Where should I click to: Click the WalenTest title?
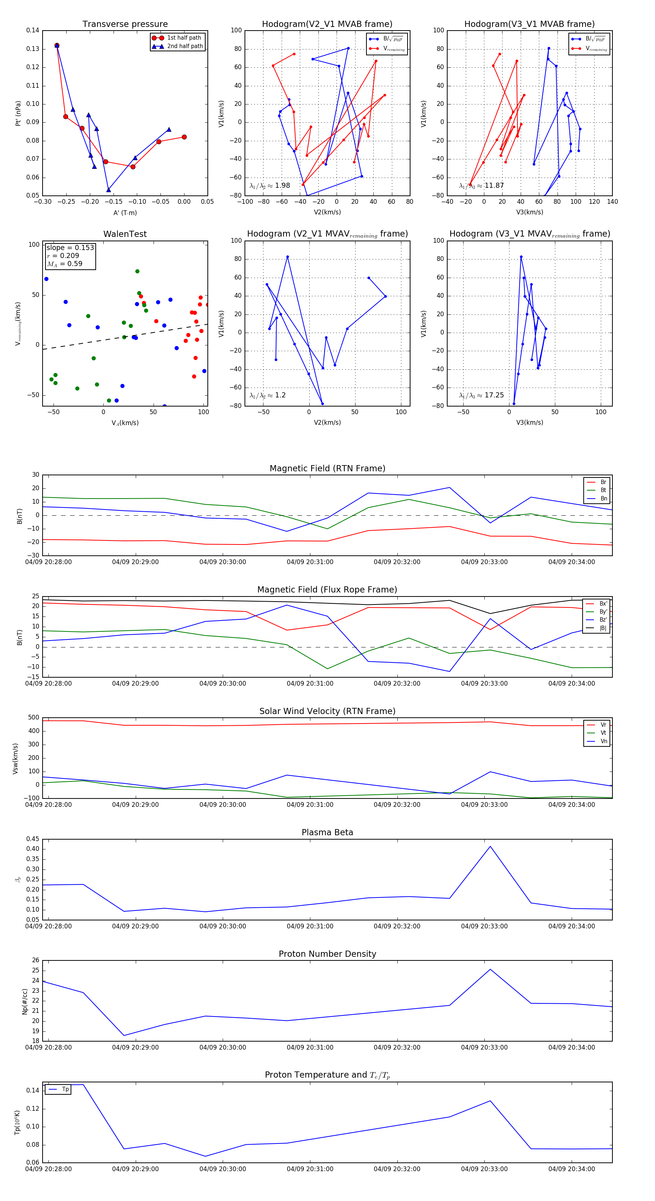point(125,234)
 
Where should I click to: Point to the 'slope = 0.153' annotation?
point(70,247)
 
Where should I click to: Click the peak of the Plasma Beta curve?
point(490,846)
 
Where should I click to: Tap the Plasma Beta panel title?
point(327,832)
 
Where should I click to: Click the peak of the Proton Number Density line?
point(490,969)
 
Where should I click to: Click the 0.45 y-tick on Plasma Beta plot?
point(33,839)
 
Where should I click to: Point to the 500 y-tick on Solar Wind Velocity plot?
point(33,718)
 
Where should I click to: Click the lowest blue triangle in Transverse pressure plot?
point(109,190)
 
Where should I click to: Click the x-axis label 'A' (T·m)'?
point(125,213)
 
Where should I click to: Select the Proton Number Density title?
point(327,954)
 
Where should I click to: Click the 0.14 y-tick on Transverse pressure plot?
point(33,30)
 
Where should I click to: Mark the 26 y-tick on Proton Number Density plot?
point(35,960)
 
